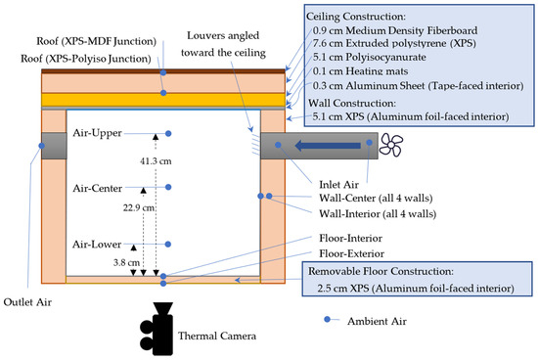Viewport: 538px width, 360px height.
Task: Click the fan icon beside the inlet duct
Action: tap(391, 145)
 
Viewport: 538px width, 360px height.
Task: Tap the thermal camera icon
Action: tap(157, 329)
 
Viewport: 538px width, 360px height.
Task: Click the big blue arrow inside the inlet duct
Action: tap(328, 146)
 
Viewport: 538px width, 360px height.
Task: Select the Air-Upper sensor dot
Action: tap(168, 133)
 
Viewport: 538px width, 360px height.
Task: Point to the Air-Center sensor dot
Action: tap(168, 187)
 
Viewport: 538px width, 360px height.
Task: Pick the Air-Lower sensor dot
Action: tap(168, 244)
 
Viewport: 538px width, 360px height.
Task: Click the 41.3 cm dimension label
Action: tap(156, 161)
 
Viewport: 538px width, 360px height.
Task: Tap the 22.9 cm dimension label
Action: tap(139, 207)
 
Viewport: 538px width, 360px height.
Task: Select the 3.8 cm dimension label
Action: tap(126, 262)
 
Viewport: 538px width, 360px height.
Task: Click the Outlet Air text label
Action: tap(27, 302)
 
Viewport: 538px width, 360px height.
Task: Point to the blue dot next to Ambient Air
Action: tap(327, 320)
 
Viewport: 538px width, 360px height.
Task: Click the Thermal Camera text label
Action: tap(217, 336)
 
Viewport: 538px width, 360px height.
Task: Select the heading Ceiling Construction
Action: tap(356, 16)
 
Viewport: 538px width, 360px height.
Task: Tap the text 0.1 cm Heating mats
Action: tap(360, 71)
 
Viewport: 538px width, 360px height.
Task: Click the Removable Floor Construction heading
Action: tap(381, 271)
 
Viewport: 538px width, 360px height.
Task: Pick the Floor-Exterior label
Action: tap(352, 253)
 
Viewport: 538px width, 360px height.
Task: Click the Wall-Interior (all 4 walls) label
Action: tap(378, 214)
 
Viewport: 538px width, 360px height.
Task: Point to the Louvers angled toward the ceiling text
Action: tap(223, 44)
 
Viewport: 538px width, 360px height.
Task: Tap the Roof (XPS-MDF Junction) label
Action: tap(97, 41)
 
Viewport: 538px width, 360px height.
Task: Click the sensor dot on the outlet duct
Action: tap(42, 146)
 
